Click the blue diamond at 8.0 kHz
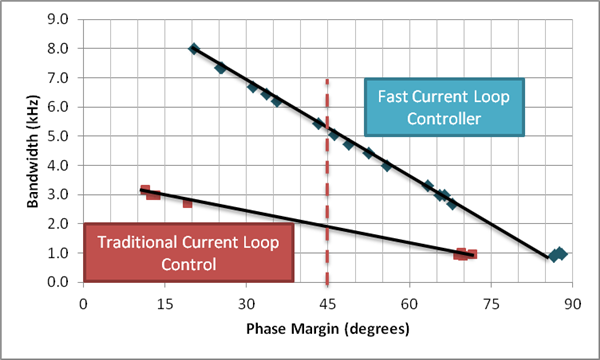click(194, 48)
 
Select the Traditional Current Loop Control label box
click(189, 251)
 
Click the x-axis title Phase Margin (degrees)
click(327, 327)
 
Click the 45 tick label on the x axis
click(327, 300)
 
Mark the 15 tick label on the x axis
click(165, 300)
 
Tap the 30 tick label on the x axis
click(246, 300)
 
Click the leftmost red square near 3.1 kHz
click(145, 190)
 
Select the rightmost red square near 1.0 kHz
click(472, 254)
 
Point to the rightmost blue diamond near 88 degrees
click(561, 254)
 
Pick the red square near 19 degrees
click(187, 202)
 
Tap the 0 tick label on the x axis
click(84, 300)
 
